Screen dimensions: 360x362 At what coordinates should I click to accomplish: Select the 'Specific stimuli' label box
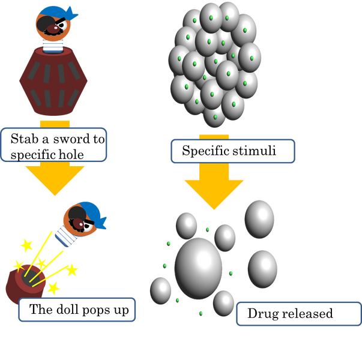click(232, 151)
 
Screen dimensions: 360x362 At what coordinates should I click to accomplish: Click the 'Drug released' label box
click(290, 313)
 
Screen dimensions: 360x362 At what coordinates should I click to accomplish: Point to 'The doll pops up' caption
click(74, 310)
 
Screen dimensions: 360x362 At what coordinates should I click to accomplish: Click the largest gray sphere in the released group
click(198, 268)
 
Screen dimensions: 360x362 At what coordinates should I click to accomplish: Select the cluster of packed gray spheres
click(214, 63)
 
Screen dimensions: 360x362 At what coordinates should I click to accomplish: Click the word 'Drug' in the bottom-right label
click(260, 313)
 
